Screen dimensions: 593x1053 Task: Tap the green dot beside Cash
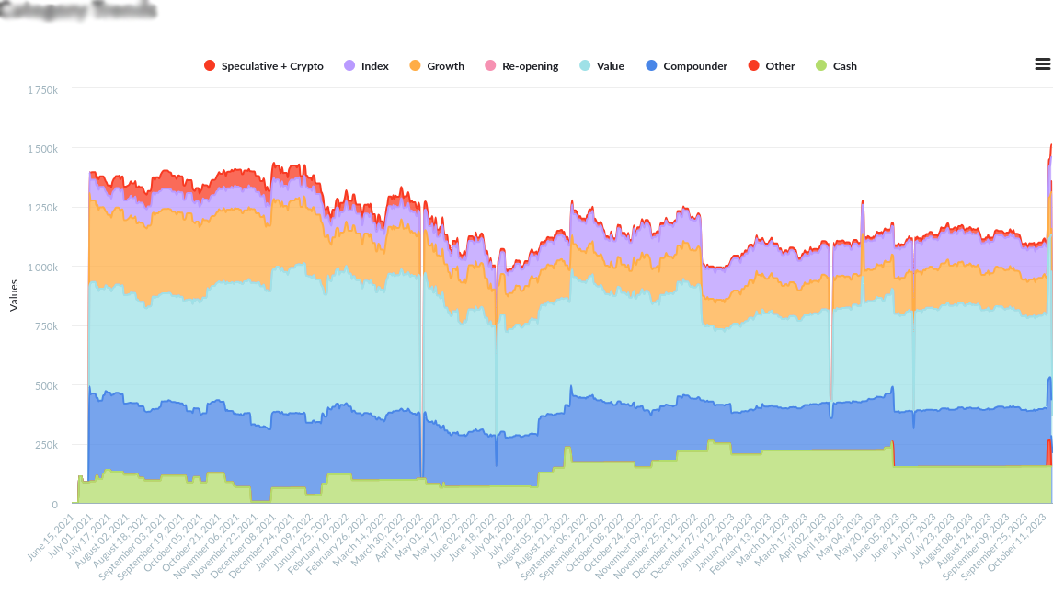pos(821,66)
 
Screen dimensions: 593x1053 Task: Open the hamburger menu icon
pos(1042,64)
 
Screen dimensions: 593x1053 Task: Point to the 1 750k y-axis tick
pos(42,89)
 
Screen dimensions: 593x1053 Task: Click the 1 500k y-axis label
pos(42,149)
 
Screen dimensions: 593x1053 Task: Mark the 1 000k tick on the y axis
pos(42,268)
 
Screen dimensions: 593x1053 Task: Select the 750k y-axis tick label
pos(46,326)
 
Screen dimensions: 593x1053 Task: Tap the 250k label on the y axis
pos(46,445)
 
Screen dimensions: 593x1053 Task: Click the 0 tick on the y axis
pos(54,505)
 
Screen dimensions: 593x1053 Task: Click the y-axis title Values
pos(14,296)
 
